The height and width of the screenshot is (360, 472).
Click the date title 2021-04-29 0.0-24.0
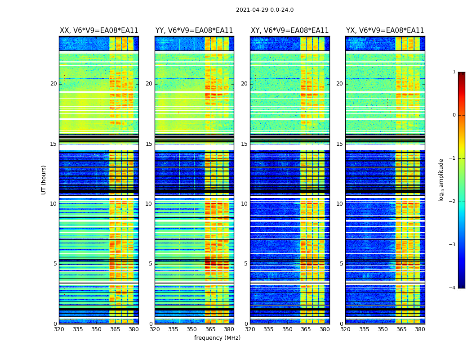[265, 10]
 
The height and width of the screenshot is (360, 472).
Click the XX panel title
[99, 31]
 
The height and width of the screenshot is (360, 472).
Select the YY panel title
[194, 31]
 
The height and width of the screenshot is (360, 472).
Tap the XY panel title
[290, 31]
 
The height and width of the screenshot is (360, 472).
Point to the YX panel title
[385, 31]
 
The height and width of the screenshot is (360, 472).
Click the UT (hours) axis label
[44, 180]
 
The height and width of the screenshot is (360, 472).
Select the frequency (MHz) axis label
[217, 338]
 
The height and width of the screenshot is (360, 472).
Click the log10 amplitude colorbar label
[441, 180]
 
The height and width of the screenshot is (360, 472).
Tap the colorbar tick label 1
[454, 72]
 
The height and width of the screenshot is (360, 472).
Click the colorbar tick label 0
[454, 115]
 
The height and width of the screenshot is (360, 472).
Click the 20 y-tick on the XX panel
[53, 84]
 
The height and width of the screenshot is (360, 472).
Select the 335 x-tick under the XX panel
[78, 329]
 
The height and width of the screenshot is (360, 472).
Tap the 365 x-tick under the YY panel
[210, 329]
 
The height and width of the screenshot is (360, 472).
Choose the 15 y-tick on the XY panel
[245, 144]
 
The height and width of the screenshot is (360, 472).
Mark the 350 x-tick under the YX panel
[383, 329]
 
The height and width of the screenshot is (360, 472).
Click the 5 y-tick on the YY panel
[151, 264]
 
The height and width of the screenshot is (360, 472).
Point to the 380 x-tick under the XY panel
[325, 329]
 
